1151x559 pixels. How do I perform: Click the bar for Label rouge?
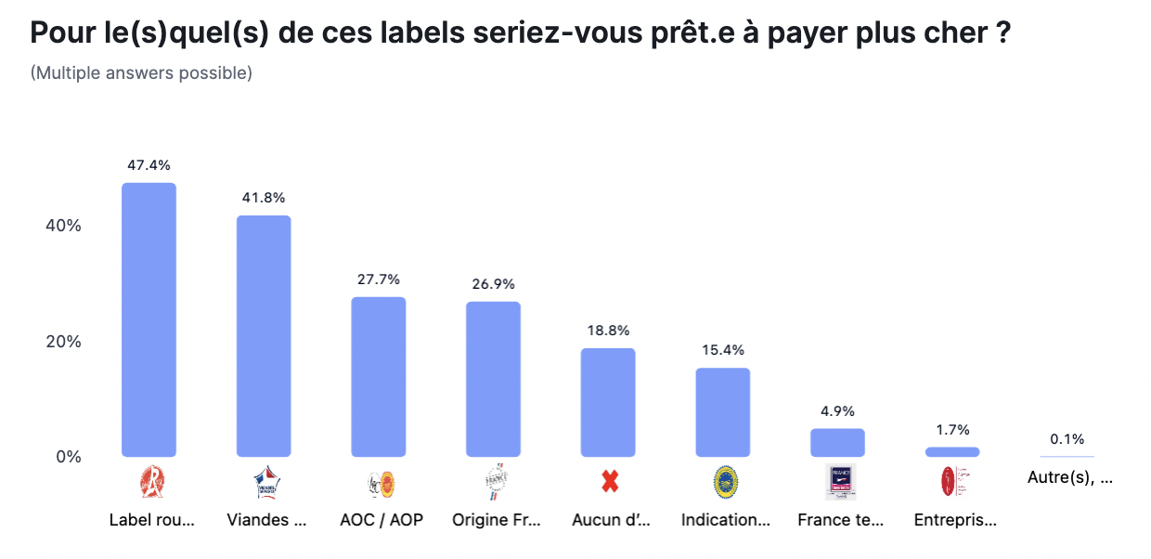[x=149, y=319]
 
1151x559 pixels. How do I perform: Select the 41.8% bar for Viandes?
[x=264, y=336]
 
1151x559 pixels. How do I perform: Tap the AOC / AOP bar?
[x=379, y=377]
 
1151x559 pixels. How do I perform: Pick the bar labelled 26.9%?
[x=493, y=379]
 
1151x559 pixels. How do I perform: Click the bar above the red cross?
[x=608, y=402]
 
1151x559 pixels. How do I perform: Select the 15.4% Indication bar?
[x=723, y=412]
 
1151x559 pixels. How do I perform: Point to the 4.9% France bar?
[x=837, y=443]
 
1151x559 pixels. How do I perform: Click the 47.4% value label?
[x=149, y=165]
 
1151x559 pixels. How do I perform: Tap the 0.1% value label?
[x=1067, y=439]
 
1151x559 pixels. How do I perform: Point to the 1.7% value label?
[x=952, y=430]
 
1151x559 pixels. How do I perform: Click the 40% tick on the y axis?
[x=64, y=226]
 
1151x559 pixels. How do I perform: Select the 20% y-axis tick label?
[x=64, y=341]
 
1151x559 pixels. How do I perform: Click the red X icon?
[x=609, y=482]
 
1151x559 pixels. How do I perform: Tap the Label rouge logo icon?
[x=149, y=482]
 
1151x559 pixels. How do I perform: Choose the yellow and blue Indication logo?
[x=724, y=482]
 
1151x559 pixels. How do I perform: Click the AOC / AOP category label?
[x=382, y=520]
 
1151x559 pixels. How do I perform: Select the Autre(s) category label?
[x=1070, y=478]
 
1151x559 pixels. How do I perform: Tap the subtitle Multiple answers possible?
[x=141, y=72]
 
